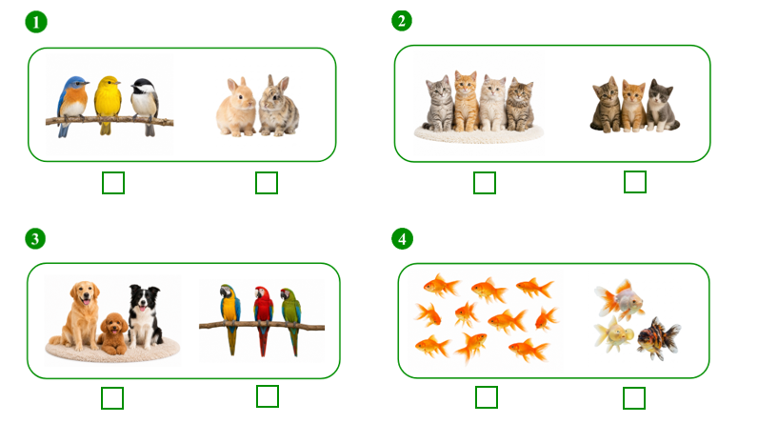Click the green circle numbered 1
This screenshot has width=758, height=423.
36,22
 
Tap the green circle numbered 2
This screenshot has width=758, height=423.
402,21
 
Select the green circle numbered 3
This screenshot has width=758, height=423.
35,239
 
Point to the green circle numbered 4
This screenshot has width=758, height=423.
402,239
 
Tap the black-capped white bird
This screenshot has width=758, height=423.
145,105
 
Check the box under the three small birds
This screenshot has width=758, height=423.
113,183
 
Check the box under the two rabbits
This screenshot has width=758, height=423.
267,183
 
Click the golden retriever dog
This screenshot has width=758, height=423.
81,315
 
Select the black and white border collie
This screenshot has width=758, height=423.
145,315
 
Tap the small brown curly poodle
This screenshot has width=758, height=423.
113,333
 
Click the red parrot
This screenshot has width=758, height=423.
263,318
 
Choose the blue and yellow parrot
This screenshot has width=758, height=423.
230,317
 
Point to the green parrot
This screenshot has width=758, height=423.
291,319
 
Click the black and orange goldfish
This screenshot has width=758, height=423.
658,338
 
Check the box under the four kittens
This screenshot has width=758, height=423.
485,183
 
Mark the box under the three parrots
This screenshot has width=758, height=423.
268,396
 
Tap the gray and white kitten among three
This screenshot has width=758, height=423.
662,107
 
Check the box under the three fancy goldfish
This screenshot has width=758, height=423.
634,398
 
